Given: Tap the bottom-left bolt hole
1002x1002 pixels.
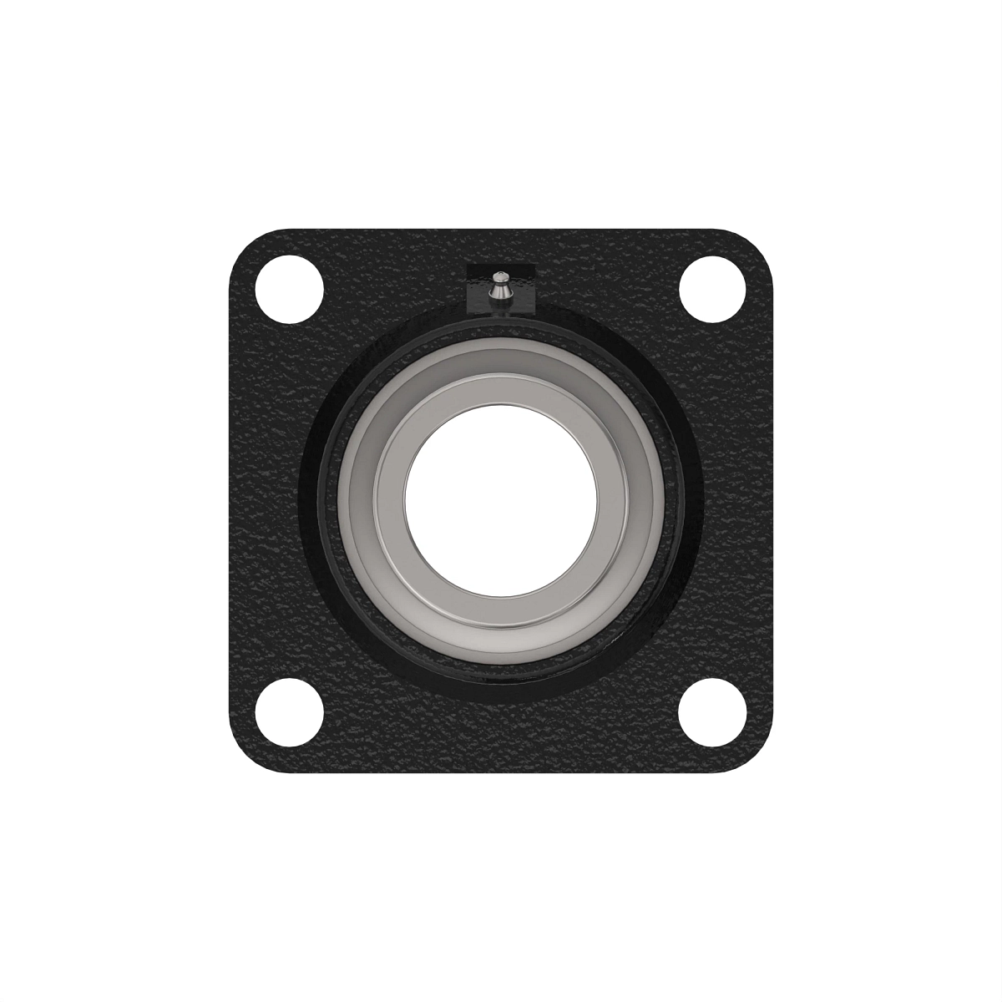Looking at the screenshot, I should point(289,712).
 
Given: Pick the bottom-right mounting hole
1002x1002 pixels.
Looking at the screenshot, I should point(712,712).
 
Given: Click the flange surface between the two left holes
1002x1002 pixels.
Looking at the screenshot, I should point(267,501).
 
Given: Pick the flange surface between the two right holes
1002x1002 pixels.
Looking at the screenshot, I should point(735,501).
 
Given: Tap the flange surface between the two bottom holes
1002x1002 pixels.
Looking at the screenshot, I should point(501,735).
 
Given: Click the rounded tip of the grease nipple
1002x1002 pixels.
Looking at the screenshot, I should point(500,276).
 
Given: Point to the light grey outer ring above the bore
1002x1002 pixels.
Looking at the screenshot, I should point(501,359).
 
